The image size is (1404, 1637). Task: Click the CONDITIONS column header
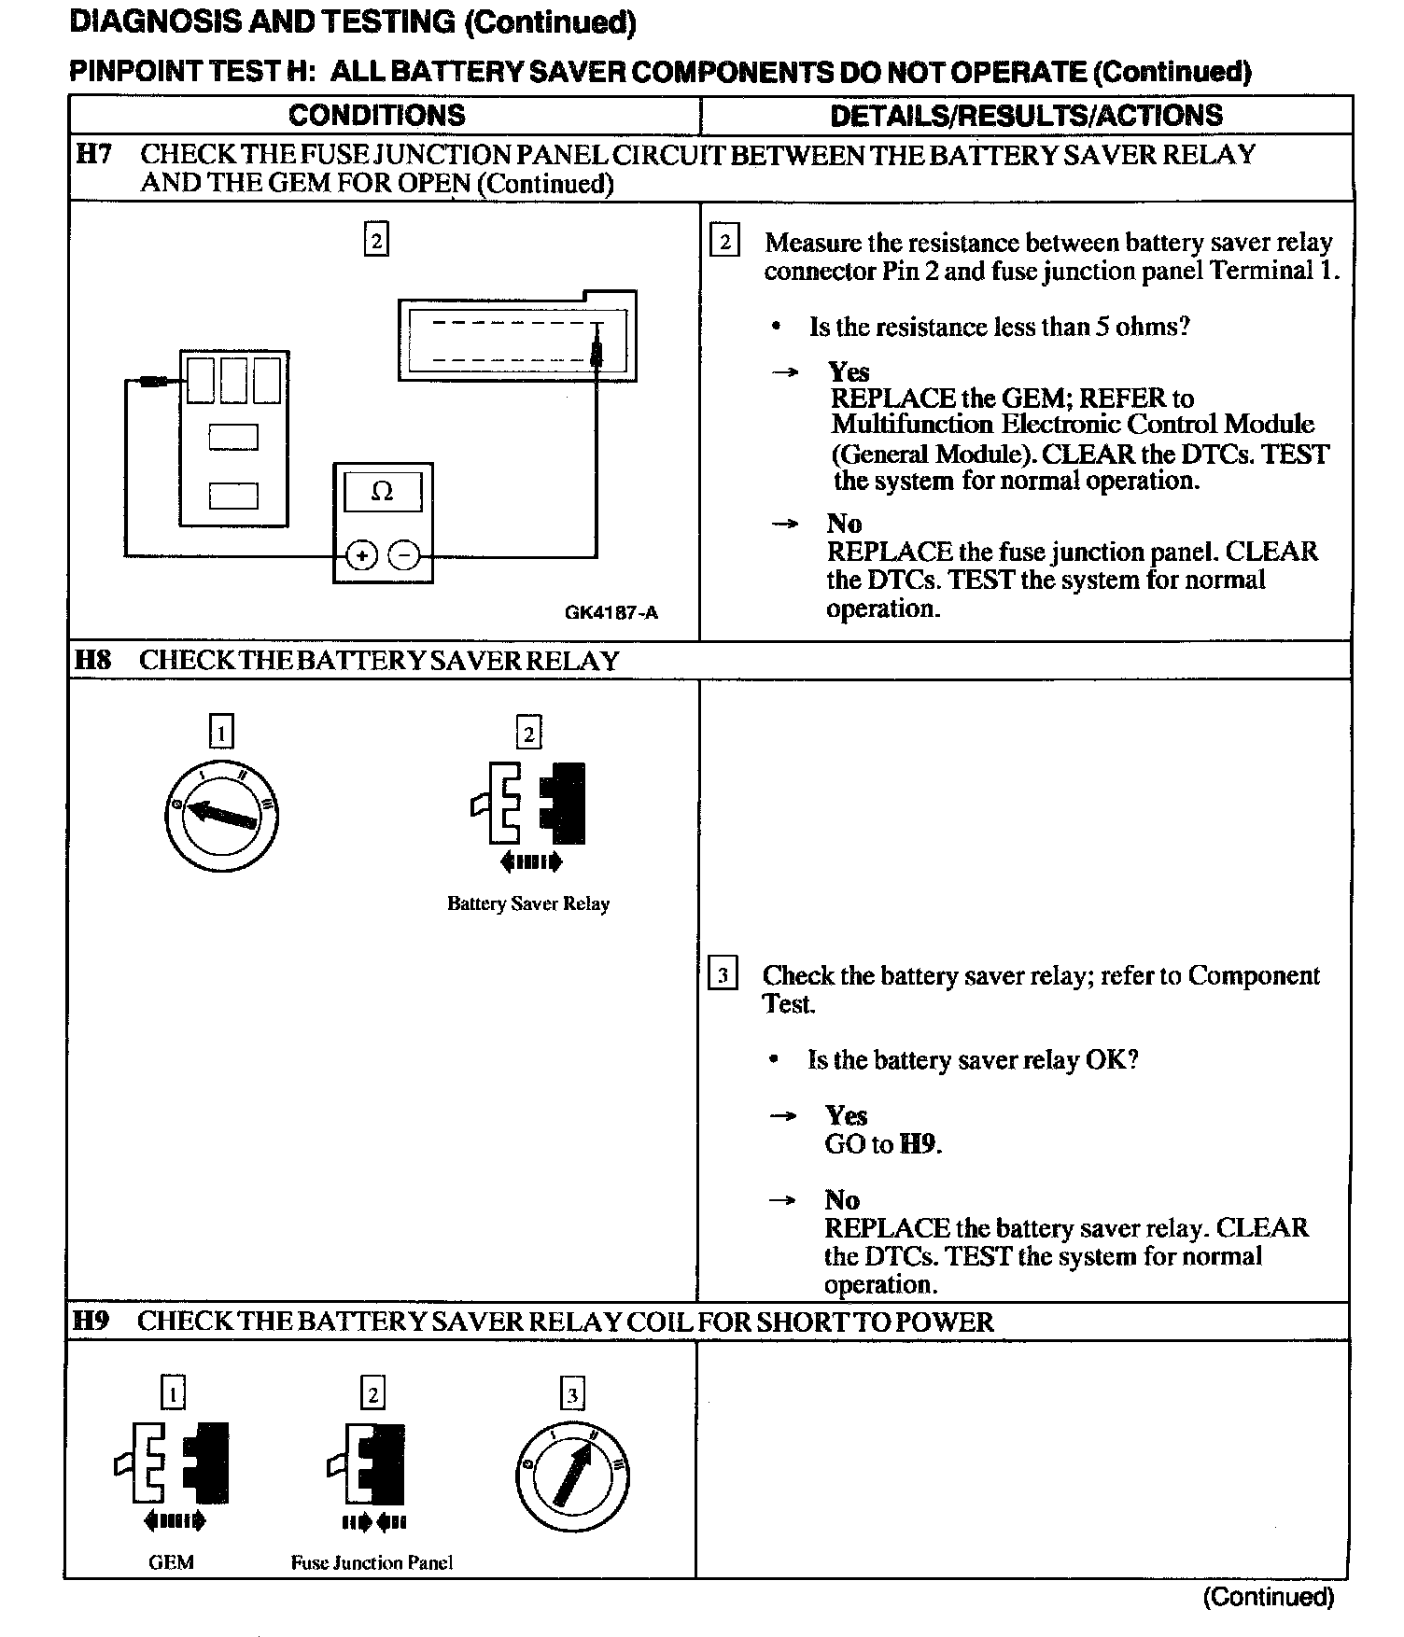point(376,115)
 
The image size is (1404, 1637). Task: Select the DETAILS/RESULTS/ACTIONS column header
point(1026,115)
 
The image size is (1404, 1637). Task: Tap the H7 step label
point(93,154)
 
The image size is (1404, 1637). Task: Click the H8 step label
point(93,660)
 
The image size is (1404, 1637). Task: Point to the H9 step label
point(91,1321)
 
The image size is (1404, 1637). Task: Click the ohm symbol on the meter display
point(382,491)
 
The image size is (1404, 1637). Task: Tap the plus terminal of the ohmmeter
point(361,556)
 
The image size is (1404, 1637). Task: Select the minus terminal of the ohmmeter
point(404,556)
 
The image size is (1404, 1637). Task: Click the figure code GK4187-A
point(611,612)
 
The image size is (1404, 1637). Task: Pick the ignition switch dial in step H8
point(221,815)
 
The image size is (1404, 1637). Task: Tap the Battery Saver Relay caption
point(528,903)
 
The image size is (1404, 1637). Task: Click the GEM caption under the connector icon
point(171,1562)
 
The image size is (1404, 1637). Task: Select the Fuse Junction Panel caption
point(372,1562)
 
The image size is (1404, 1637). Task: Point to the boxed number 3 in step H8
point(723,975)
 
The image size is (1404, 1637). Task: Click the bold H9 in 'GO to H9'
point(920,1144)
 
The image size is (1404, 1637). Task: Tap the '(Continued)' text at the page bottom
point(1268,1596)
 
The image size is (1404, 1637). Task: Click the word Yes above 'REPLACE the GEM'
point(849,371)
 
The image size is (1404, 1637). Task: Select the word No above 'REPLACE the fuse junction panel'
point(844,523)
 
